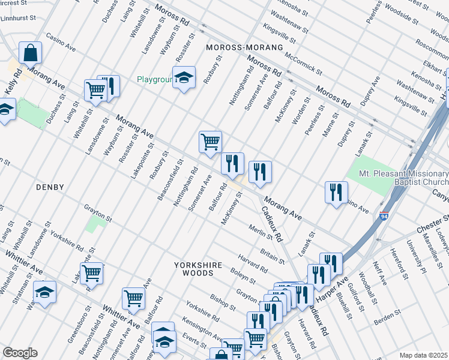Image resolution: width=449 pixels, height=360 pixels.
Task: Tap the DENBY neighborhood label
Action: coord(50,187)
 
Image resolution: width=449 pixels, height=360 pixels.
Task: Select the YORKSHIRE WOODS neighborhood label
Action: coord(198,269)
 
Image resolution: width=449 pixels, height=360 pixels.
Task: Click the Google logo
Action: coord(20,353)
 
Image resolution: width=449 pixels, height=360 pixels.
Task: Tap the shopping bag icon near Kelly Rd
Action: coord(30,53)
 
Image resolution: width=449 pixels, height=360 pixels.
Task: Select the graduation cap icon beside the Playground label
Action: coord(184,77)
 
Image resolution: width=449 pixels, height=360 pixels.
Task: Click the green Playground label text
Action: coord(154,79)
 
